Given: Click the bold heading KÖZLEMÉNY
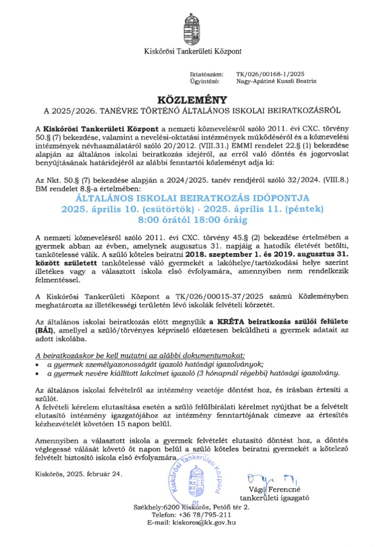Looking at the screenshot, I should (x=192, y=100).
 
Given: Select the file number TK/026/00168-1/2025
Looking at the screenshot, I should (x=270, y=74).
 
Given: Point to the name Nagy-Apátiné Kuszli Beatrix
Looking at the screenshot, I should (x=276, y=81).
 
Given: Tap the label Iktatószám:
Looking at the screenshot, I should (x=203, y=74).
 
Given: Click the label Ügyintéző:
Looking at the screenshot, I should (x=203, y=81).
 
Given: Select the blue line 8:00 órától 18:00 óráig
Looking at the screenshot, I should (x=192, y=219).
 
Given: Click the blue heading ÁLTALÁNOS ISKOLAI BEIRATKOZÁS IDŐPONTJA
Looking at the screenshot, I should (x=192, y=198).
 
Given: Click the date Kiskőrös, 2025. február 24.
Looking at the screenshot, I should (x=78, y=473).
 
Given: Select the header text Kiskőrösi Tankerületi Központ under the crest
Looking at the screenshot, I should (x=192, y=51).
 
